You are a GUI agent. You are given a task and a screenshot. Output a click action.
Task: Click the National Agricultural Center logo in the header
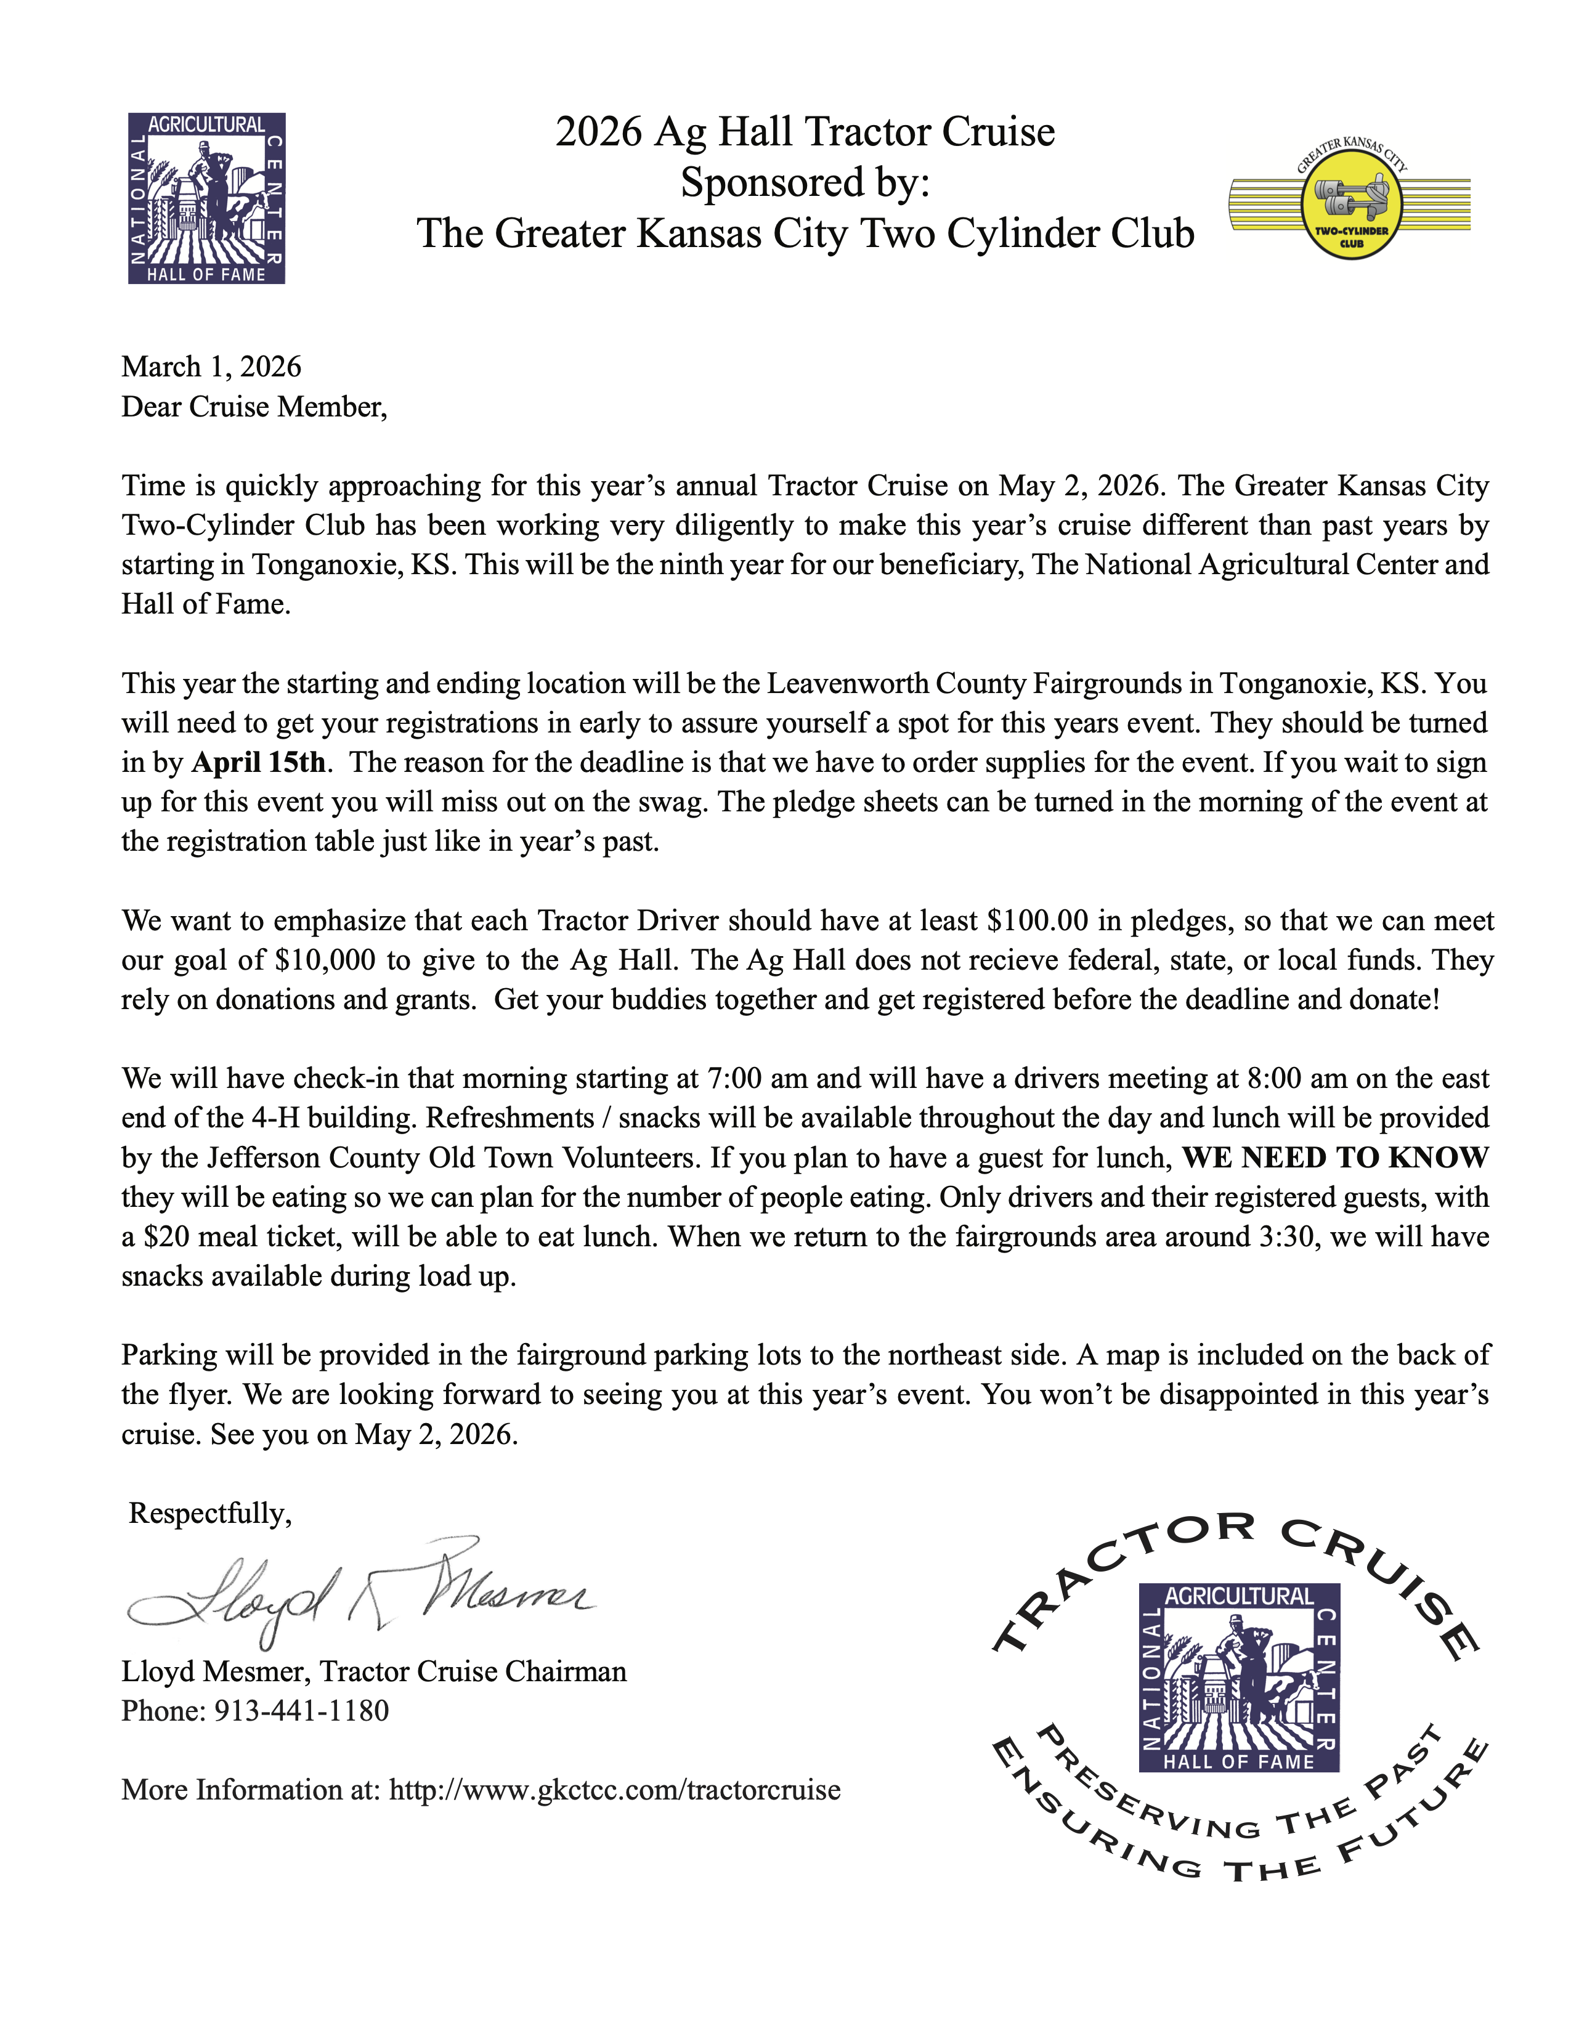coord(206,198)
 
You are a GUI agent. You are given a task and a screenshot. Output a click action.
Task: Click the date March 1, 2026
coord(211,367)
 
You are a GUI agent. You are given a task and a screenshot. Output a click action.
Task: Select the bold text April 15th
coord(259,763)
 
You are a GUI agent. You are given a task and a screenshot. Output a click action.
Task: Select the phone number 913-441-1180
coord(301,1711)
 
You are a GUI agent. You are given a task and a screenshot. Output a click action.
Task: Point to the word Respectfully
coord(209,1514)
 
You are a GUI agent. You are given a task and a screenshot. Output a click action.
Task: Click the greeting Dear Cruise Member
coord(253,407)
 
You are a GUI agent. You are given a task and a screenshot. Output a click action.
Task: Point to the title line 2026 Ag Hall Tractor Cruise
coord(805,132)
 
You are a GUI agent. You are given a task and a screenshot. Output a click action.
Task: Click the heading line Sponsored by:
coord(805,182)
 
